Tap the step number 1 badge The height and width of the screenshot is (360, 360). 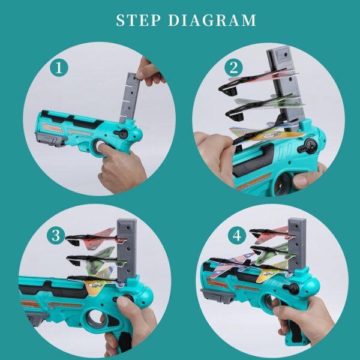(x=59, y=67)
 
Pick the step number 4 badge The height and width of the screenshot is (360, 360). (x=238, y=236)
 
